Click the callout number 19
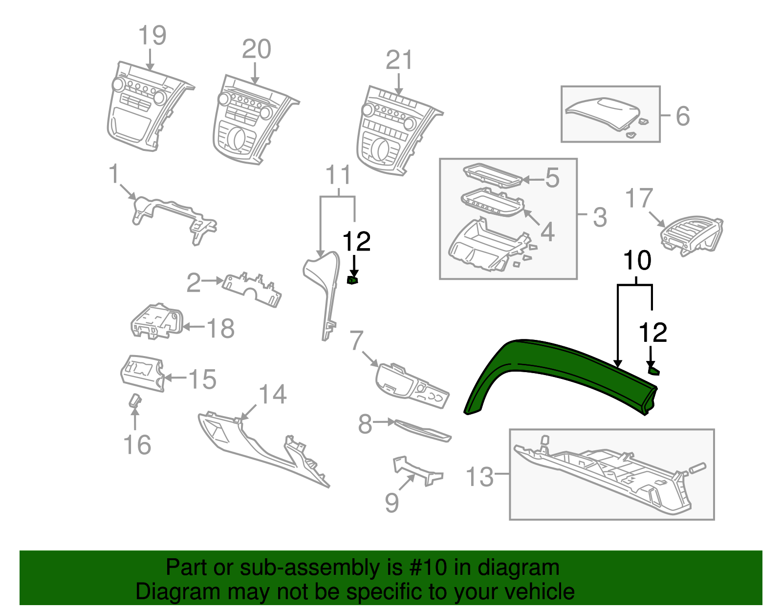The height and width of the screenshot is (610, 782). [152, 36]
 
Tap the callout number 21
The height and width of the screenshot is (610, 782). [399, 61]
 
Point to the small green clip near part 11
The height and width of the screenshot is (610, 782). [352, 280]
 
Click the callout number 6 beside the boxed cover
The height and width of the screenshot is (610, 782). [682, 116]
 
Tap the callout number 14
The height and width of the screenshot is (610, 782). [272, 395]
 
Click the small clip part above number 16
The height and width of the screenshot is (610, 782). [134, 401]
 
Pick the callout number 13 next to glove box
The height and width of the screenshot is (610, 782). [479, 477]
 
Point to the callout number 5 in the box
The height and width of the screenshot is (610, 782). [552, 178]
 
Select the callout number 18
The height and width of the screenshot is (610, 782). [221, 329]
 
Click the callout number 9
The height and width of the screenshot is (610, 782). [391, 503]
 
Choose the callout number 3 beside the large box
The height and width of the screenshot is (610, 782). [600, 217]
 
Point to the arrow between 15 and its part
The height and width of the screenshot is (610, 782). [175, 378]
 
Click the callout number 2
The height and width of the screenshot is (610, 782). [194, 283]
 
